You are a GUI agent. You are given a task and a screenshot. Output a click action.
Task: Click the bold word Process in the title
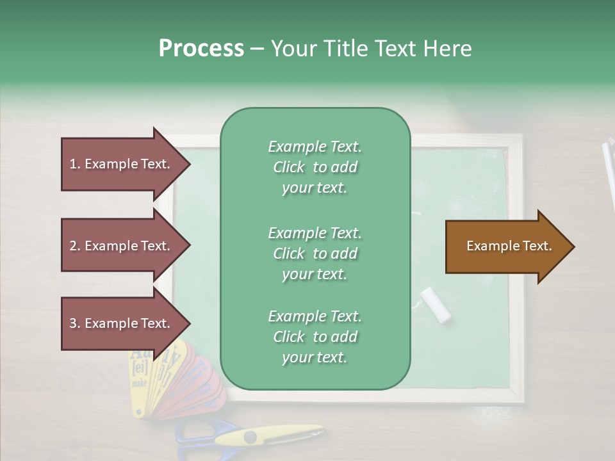(201, 49)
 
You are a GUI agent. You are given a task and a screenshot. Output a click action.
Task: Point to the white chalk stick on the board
(436, 305)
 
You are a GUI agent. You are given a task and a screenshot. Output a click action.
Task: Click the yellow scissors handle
(282, 435)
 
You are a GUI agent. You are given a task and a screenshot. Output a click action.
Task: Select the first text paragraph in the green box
(315, 167)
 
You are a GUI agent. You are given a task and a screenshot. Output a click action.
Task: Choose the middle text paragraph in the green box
(315, 254)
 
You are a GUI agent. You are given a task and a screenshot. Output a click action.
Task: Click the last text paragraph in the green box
(315, 337)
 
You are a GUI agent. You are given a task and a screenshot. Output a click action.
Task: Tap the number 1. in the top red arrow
(75, 164)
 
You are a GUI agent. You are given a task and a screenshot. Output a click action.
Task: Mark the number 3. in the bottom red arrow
(75, 323)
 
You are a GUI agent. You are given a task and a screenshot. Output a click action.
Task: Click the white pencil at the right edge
(609, 173)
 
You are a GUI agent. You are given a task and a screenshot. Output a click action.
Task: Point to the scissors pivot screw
(250, 437)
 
